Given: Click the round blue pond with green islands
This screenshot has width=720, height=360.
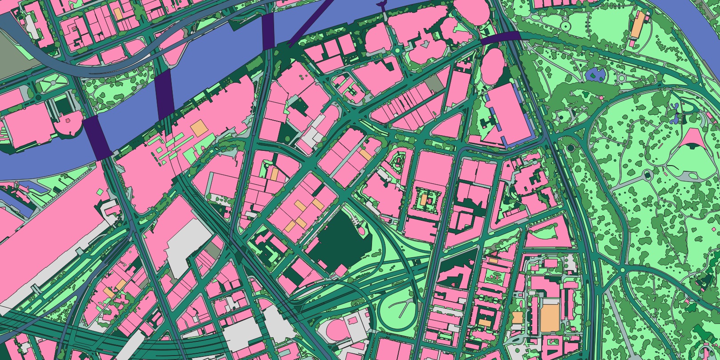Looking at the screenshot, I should point(596,74).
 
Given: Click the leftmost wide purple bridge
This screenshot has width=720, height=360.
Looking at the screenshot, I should point(98,138).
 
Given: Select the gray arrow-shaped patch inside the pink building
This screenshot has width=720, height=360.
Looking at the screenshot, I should point(425,44).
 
